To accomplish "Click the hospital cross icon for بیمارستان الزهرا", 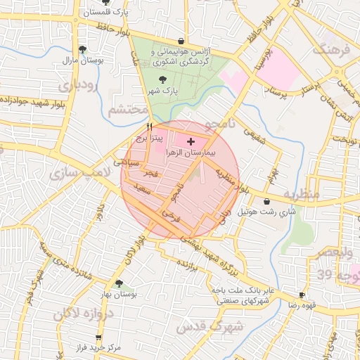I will (191, 141).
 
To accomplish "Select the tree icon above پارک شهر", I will (163, 80).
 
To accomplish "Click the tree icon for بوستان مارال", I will (84, 49).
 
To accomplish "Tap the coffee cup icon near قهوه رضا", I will (302, 295).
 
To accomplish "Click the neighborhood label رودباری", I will (73, 86).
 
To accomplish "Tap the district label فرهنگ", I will (333, 50).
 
